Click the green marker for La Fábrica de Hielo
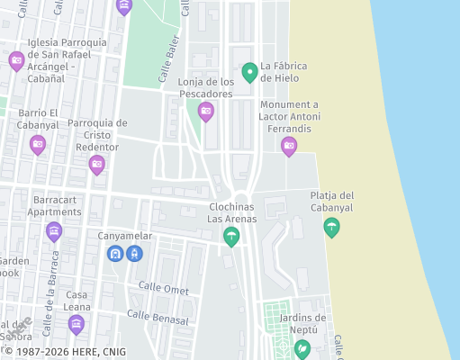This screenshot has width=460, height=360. click(x=250, y=71)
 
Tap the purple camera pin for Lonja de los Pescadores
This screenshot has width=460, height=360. click(x=206, y=111)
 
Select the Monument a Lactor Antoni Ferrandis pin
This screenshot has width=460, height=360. click(x=289, y=145)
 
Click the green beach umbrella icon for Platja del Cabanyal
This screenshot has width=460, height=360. click(x=332, y=227)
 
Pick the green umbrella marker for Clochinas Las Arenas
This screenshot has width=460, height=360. click(x=231, y=236)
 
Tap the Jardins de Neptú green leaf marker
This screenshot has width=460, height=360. click(x=302, y=348)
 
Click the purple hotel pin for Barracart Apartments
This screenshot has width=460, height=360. click(x=54, y=231)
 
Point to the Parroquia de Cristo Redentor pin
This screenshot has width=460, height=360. click(x=96, y=165)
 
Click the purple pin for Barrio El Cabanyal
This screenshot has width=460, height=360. click(x=38, y=144)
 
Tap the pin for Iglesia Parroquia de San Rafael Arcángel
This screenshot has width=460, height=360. click(x=16, y=61)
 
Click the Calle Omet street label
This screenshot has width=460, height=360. click(x=164, y=288)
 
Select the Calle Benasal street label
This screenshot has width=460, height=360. click(x=158, y=318)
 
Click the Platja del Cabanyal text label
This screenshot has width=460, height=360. click(x=332, y=201)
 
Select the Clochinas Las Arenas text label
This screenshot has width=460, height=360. click(x=232, y=212)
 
